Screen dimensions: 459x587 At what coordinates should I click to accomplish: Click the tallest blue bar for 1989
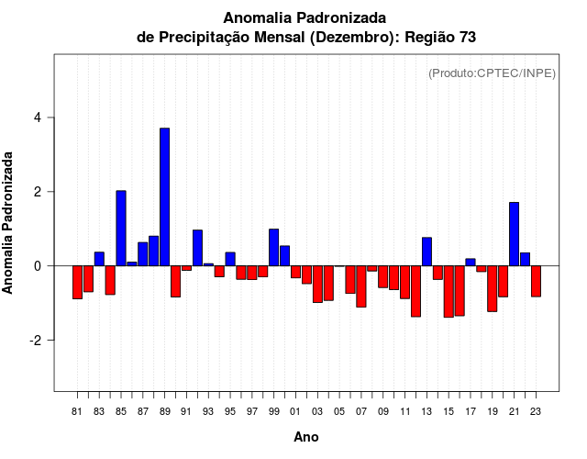[x=164, y=196]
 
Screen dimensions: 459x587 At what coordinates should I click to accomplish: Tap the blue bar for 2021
[x=514, y=233]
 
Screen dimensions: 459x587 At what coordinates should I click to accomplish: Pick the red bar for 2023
[x=536, y=281]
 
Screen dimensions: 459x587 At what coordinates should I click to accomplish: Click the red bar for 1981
[x=77, y=282]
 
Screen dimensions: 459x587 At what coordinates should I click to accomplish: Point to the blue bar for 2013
[x=426, y=252]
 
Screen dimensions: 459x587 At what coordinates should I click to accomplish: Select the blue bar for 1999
[x=273, y=247]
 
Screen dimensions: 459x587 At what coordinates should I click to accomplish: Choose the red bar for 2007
[x=361, y=285]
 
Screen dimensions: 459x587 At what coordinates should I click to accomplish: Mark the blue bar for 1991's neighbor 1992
[x=197, y=248]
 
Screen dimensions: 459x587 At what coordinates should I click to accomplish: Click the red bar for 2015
[x=449, y=291]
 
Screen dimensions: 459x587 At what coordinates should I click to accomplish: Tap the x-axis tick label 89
[x=164, y=411]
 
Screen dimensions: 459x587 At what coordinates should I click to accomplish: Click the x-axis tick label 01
[x=295, y=411]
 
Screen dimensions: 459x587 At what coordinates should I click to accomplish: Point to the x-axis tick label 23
[x=536, y=411]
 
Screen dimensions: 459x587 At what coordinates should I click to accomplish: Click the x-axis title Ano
[x=306, y=438]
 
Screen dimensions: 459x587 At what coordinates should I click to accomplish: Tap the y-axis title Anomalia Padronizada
[x=8, y=224]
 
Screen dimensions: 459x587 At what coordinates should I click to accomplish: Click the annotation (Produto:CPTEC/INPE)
[x=492, y=73]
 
